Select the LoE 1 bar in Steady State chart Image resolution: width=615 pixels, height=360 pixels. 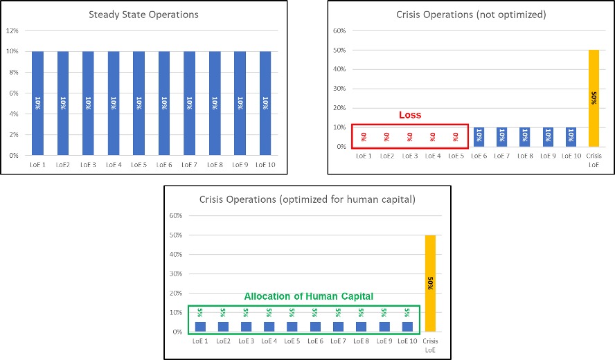tap(38, 103)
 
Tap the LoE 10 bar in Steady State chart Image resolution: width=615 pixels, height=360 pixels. tap(265, 103)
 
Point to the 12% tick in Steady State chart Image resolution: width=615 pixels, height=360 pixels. tap(13, 30)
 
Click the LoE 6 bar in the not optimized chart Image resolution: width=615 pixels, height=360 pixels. tap(479, 137)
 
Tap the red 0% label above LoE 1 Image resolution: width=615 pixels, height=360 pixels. tap(364, 137)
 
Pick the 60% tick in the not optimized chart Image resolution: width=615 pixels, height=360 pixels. tap(340, 31)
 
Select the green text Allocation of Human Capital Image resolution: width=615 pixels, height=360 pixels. tap(308, 296)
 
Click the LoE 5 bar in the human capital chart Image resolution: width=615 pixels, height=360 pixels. tap(292, 327)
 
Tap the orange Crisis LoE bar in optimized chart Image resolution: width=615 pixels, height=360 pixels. tap(431, 284)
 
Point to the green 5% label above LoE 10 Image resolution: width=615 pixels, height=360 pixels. tap(407, 312)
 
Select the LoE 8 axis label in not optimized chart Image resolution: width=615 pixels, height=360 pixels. tap(525, 156)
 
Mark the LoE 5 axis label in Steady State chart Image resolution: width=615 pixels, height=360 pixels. tap(139, 165)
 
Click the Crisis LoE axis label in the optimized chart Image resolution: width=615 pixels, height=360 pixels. tap(431, 346)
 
